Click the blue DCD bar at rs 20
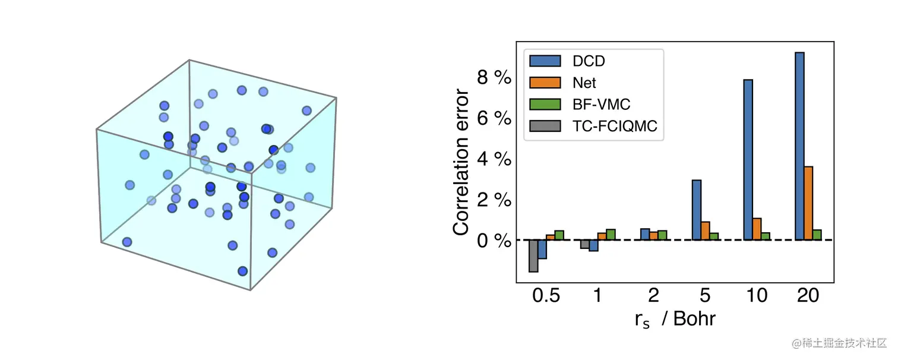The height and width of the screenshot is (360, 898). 799,146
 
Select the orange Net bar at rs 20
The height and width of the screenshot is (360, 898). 808,203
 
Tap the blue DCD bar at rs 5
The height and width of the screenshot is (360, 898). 697,210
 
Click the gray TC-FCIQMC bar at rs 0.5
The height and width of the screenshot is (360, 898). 533,255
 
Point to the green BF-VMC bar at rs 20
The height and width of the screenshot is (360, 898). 817,235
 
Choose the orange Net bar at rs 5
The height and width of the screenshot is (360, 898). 706,230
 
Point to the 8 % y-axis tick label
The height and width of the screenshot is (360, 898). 494,77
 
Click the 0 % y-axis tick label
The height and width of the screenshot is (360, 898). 494,241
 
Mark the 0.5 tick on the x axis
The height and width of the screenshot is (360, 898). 546,296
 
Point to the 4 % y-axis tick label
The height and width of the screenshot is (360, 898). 494,159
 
